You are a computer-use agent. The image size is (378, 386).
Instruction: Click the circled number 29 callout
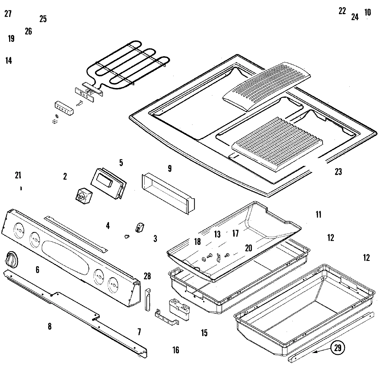[x=337, y=348]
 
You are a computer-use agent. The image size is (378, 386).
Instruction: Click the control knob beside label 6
[x=11, y=260]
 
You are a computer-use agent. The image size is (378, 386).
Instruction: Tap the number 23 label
[x=338, y=172]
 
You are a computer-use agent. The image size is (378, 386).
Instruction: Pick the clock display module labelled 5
[x=108, y=183]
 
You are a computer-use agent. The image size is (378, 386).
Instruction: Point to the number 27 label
[x=8, y=14]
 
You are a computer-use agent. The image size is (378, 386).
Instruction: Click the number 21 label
[x=18, y=175]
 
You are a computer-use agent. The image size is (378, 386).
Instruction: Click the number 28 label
[x=147, y=276]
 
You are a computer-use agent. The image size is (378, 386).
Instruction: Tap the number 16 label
[x=176, y=350]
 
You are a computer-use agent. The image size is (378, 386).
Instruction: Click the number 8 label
[x=49, y=327]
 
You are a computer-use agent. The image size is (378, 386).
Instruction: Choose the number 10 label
[x=367, y=13]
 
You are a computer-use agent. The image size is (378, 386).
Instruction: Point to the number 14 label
[x=9, y=61]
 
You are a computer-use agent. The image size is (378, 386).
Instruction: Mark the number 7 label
[x=139, y=332]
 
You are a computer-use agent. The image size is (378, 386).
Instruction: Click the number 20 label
[x=249, y=248]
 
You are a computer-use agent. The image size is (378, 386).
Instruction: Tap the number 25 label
[x=43, y=19]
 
